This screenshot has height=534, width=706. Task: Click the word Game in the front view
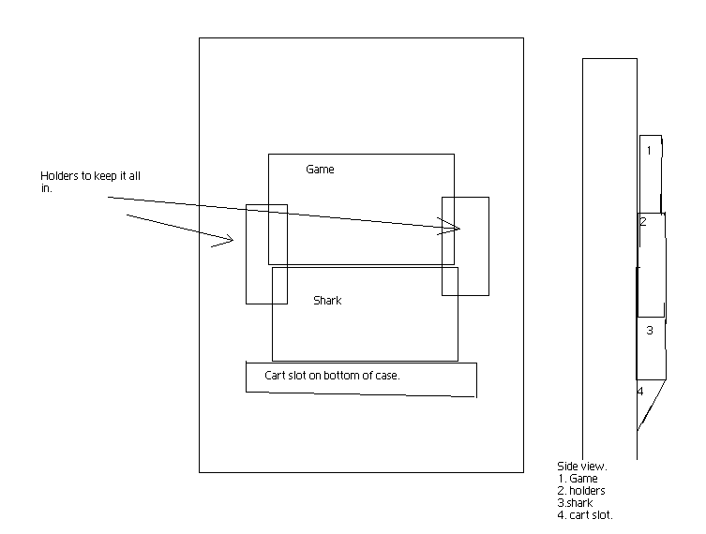320,170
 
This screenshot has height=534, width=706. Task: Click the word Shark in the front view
327,301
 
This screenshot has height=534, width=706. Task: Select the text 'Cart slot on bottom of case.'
334,376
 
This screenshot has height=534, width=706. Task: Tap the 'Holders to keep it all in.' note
90,182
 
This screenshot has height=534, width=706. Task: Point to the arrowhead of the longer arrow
457,229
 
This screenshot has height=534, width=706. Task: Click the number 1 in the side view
648,150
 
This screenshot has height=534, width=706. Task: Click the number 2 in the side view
643,222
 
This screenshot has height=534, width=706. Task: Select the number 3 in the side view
649,330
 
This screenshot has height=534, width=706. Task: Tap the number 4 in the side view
640,391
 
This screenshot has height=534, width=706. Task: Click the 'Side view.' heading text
581,466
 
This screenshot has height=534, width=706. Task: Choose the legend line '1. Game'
577,478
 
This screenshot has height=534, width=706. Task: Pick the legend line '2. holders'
581,490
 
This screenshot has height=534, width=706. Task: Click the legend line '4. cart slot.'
586,514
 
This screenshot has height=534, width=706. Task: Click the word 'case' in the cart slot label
413,376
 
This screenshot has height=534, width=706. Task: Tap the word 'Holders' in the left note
59,176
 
